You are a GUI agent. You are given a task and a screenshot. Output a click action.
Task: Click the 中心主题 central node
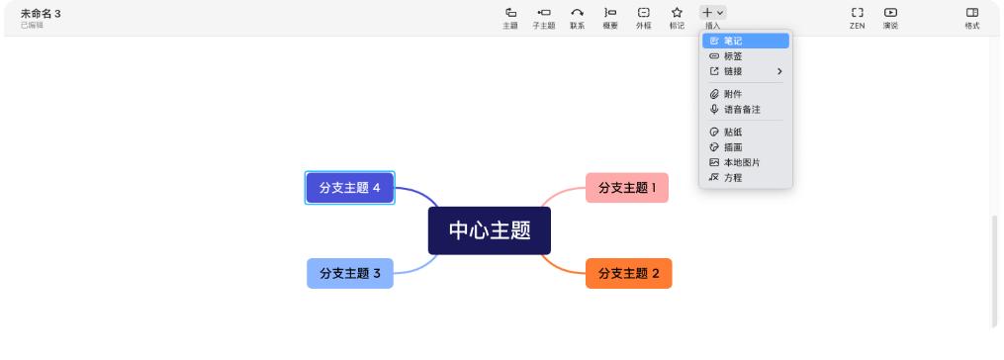click(x=489, y=230)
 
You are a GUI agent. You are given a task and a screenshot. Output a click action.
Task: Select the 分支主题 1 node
click(x=626, y=188)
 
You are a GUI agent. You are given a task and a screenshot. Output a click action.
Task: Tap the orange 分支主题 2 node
click(x=628, y=273)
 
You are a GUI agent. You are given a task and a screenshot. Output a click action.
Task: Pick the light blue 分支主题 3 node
click(x=349, y=273)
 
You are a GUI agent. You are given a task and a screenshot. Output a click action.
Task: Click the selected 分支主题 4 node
click(x=349, y=188)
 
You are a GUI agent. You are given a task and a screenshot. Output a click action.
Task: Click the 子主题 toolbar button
click(x=543, y=17)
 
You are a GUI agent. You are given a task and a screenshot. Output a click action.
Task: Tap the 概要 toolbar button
click(x=610, y=17)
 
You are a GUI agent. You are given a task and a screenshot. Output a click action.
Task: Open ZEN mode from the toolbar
click(x=857, y=17)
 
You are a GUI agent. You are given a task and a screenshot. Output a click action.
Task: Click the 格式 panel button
click(x=971, y=17)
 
